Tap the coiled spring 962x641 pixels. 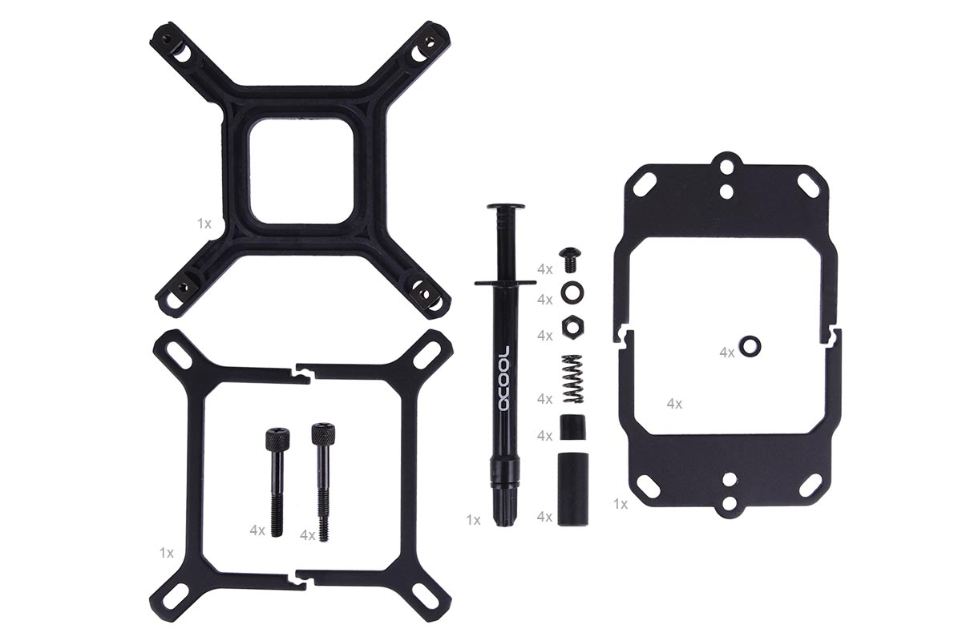click(573, 380)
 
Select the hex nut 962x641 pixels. click(572, 326)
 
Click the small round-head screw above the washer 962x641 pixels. click(571, 260)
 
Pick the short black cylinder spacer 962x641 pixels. click(573, 427)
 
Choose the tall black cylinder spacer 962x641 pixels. click(573, 489)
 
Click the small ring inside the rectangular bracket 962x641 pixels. click(750, 346)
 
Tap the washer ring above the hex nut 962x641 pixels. click(572, 292)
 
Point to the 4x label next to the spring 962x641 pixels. click(545, 399)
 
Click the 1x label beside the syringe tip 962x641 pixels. click(473, 520)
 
